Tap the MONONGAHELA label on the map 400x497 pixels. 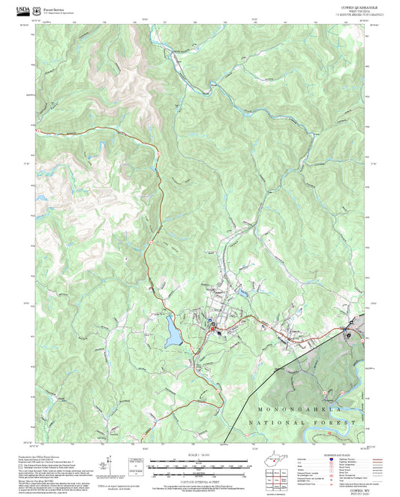[x=300, y=410]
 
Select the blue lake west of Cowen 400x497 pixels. [x=173, y=331]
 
